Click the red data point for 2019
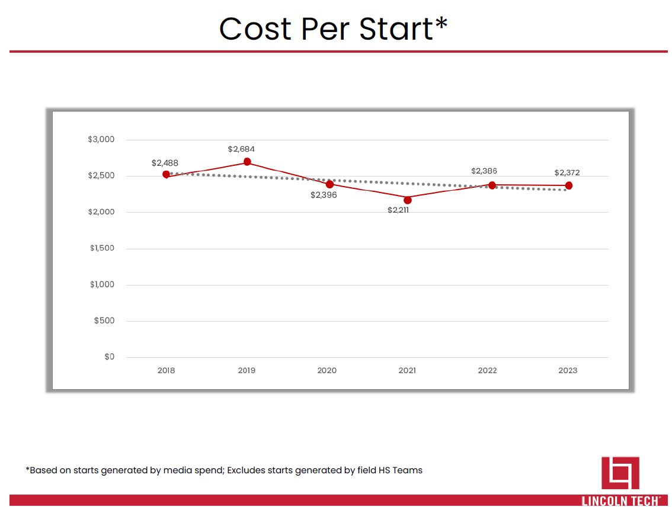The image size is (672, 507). click(247, 162)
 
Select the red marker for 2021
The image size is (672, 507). click(408, 200)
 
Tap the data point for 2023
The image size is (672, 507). click(569, 185)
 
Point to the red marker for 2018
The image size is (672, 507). click(167, 174)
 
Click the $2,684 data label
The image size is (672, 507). click(241, 149)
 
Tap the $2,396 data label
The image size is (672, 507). click(324, 195)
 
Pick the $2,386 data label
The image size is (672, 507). click(484, 171)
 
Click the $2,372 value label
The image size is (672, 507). click(567, 173)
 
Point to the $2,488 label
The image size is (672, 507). click(165, 163)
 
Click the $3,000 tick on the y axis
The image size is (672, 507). click(101, 140)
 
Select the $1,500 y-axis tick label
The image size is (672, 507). click(102, 248)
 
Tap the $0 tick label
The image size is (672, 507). click(109, 357)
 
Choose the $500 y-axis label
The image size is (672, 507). click(104, 321)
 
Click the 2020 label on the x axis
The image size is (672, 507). click(327, 371)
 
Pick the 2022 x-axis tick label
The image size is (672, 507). click(488, 371)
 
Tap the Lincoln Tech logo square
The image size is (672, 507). click(620, 473)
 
